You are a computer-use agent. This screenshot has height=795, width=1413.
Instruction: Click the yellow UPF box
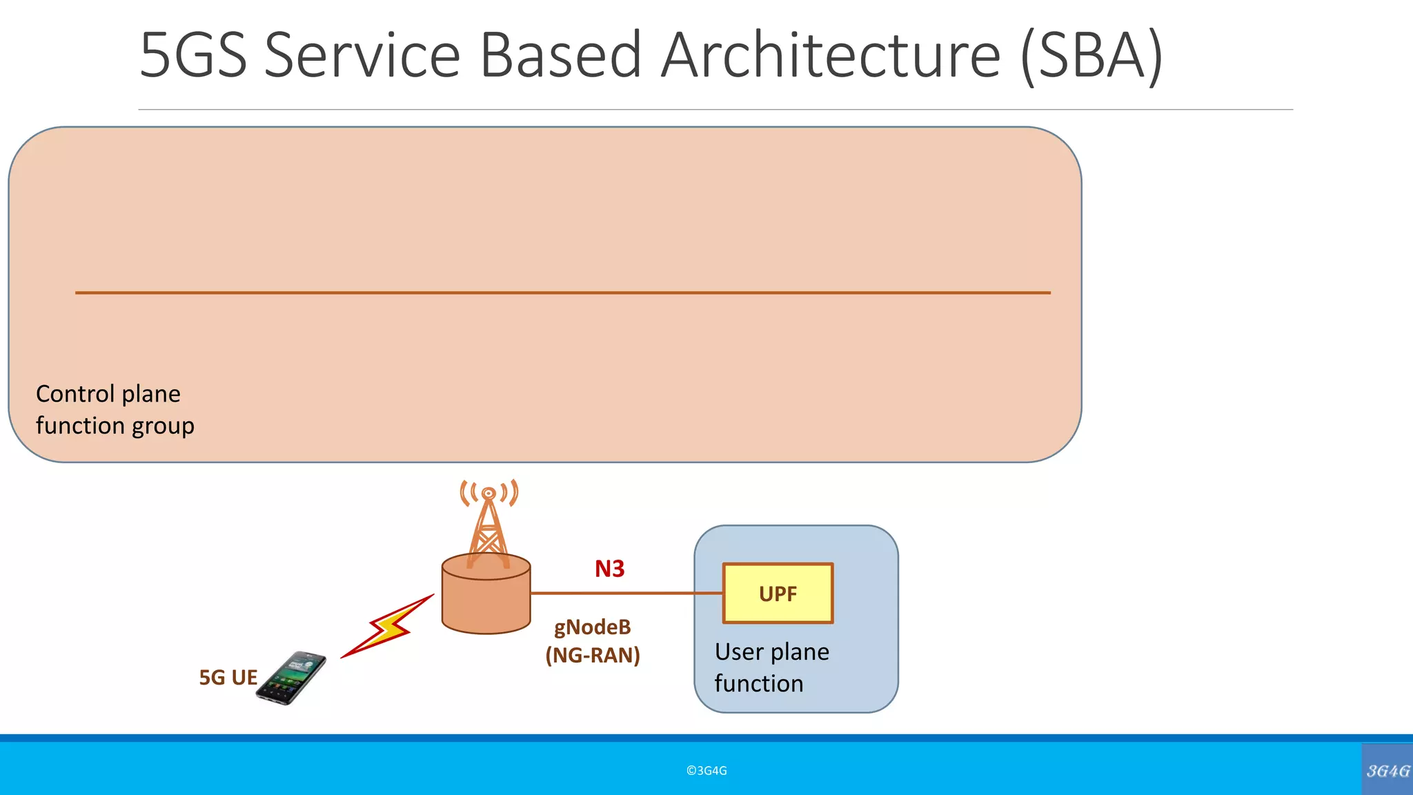[x=778, y=593]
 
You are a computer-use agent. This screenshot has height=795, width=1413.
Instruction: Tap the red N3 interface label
[x=609, y=569]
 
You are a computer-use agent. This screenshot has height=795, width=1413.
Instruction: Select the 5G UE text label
[x=228, y=678]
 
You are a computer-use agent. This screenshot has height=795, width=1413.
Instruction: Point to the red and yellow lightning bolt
[x=388, y=627]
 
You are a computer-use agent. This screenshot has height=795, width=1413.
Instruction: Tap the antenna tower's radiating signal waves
[x=488, y=493]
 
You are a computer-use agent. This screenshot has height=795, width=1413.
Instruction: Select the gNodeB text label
[x=592, y=627]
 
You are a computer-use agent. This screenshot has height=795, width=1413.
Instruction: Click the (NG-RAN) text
[x=592, y=655]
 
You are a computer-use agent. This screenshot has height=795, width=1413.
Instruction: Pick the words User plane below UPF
[x=771, y=652]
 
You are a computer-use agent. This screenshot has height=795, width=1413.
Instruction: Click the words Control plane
[x=108, y=394]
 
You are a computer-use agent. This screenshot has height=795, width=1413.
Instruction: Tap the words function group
[x=115, y=426]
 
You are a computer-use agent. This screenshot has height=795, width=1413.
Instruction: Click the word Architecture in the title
[x=831, y=55]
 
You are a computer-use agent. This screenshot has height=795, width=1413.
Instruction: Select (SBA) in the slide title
[x=1091, y=55]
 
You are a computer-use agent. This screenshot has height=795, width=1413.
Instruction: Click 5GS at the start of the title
[x=193, y=55]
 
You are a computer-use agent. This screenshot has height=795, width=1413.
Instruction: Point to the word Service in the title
[x=362, y=55]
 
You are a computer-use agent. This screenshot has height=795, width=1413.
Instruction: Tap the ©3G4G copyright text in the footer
[x=706, y=771]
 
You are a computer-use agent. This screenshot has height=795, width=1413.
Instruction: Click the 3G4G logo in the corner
[x=1387, y=770]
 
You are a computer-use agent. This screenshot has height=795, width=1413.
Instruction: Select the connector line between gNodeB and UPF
[x=625, y=593]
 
